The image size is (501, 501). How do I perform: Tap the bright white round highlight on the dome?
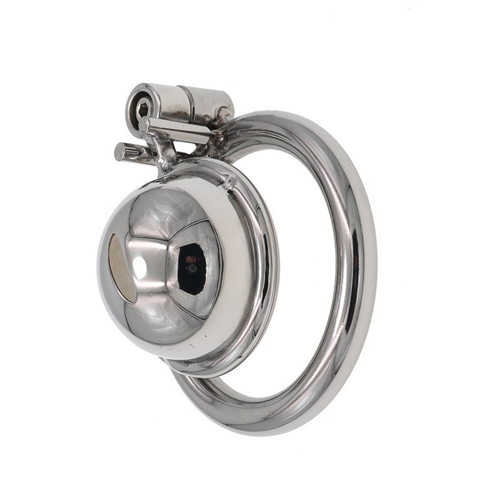tap(140, 267)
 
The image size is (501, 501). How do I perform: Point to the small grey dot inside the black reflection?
tap(192, 269)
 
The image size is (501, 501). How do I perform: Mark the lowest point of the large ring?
tap(263, 429)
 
